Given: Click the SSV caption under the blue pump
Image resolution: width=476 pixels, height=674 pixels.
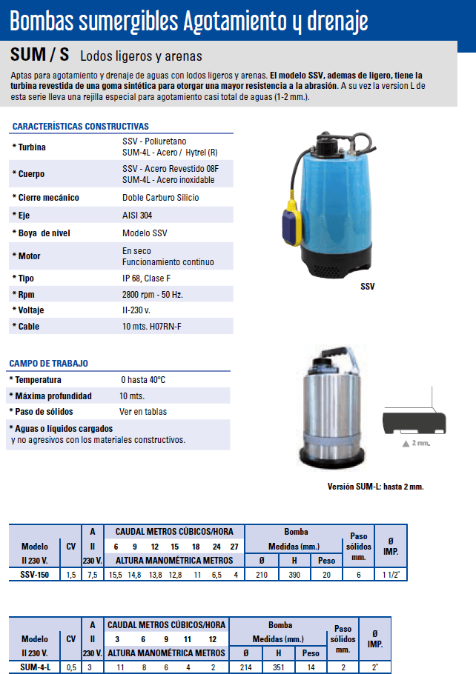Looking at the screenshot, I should tap(368, 285).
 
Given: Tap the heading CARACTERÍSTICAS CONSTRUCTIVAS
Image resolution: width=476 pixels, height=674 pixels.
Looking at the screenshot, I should tap(81, 127).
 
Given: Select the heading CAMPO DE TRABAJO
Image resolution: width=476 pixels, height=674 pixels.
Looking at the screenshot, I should tap(49, 364).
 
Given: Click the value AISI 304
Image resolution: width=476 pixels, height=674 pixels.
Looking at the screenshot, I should tap(138, 216).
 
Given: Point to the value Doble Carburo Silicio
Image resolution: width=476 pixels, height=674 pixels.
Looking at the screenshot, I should tap(160, 198).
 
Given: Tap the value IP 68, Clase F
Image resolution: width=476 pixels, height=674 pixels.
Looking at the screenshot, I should tap(147, 278).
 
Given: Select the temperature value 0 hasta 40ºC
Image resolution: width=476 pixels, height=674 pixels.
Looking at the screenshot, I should tap(142, 380).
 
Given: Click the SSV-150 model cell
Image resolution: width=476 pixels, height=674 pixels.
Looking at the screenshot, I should tap(35, 574).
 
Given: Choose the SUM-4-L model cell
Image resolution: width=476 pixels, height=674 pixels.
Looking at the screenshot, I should tap(35, 666).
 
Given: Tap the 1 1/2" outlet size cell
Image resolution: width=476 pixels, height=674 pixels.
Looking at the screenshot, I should tap(390, 574).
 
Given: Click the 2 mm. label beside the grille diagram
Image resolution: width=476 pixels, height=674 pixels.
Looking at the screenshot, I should tap(420, 443).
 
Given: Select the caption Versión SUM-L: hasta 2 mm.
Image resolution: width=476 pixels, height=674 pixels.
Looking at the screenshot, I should tap(375, 487).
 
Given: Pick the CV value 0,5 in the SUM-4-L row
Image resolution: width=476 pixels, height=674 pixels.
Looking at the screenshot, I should tap(71, 666).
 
